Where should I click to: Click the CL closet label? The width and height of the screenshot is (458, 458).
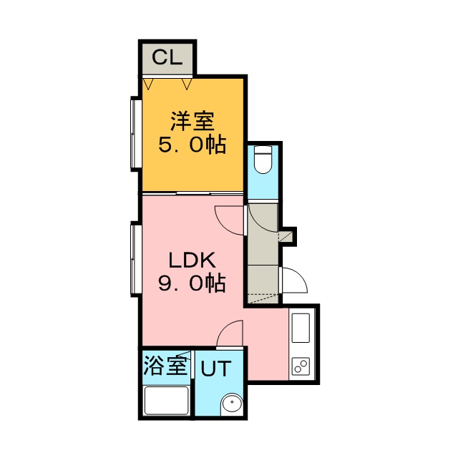click(x=167, y=57)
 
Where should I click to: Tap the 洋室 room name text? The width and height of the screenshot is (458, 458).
click(x=193, y=121)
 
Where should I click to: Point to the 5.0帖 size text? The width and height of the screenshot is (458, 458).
click(x=193, y=144)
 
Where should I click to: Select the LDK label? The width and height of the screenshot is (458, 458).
click(x=193, y=260)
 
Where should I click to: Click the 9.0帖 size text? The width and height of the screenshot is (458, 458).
click(x=193, y=283)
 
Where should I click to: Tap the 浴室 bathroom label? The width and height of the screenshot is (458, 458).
click(x=165, y=366)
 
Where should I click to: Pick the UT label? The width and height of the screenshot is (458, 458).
click(x=216, y=369)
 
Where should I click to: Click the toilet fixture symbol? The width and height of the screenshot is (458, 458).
click(x=263, y=160)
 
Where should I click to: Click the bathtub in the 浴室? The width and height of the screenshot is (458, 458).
click(x=167, y=400)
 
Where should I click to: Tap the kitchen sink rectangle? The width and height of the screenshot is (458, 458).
click(x=301, y=328)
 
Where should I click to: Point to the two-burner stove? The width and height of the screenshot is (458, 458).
click(x=301, y=366)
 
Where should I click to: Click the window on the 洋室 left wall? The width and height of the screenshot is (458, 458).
click(x=136, y=134)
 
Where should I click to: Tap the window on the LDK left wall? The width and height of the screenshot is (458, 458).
click(x=136, y=259)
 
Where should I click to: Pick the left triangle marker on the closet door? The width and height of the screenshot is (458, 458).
click(x=149, y=83)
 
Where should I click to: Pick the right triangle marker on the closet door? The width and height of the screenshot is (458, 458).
click(x=187, y=83)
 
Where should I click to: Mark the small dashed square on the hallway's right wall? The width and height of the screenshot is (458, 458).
click(x=286, y=236)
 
